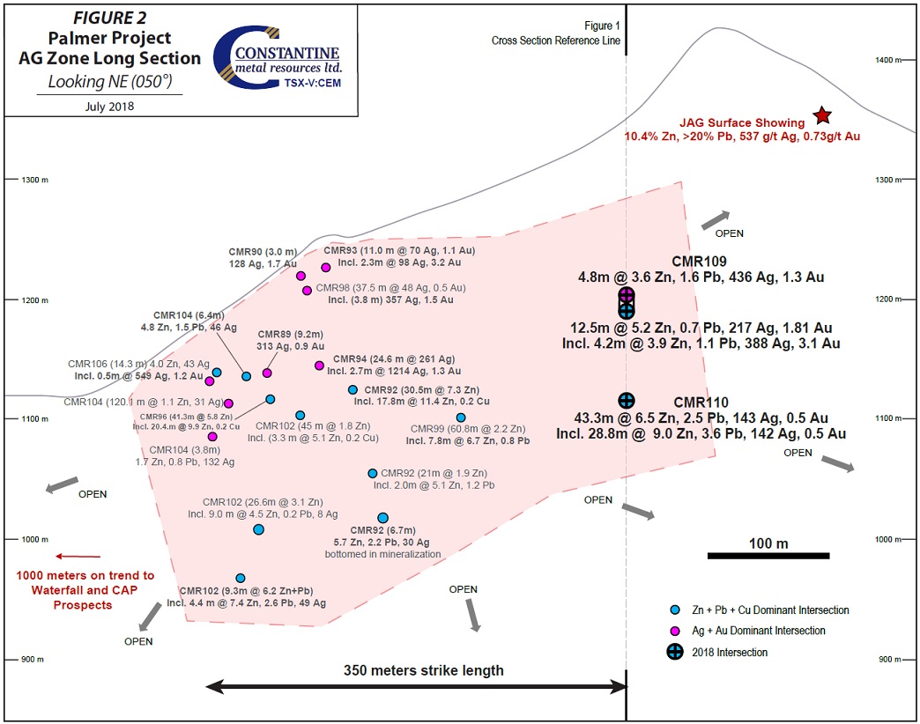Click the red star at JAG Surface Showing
pyautogui.click(x=822, y=115)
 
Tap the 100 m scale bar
pyautogui.click(x=768, y=555)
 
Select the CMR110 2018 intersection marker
pyautogui.click(x=627, y=401)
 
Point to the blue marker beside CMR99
pyautogui.click(x=461, y=417)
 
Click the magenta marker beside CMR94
pyautogui.click(x=319, y=366)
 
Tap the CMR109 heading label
pyautogui.click(x=699, y=262)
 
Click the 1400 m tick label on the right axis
pyautogui.click(x=884, y=60)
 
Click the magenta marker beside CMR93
pyautogui.click(x=326, y=268)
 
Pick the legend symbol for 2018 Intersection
pyautogui.click(x=675, y=652)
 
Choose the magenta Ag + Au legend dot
pyautogui.click(x=675, y=631)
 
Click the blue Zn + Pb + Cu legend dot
pyautogui.click(x=675, y=609)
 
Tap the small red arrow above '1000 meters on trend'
pyautogui.click(x=78, y=556)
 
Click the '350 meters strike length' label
pyautogui.click(x=424, y=670)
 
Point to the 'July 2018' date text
pyautogui.click(x=109, y=106)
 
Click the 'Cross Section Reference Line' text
pyautogui.click(x=556, y=41)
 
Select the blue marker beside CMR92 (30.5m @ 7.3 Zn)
pyautogui.click(x=352, y=389)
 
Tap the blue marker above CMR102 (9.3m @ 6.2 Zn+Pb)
pyautogui.click(x=240, y=578)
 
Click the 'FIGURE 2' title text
pyautogui.click(x=109, y=18)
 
